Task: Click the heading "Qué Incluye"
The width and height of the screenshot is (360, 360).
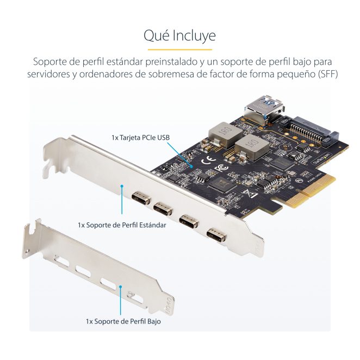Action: (x=179, y=36)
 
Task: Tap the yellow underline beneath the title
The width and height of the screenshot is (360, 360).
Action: (x=180, y=49)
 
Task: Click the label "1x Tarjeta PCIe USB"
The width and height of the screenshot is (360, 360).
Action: (x=140, y=138)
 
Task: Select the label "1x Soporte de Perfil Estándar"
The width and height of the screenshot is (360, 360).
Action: (x=122, y=225)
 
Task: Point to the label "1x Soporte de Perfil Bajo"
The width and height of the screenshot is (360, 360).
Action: (x=123, y=321)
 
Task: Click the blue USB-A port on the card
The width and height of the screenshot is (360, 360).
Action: (x=264, y=109)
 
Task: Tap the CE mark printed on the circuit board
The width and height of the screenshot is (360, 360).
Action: (x=208, y=160)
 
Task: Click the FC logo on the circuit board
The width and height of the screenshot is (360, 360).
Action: (x=221, y=168)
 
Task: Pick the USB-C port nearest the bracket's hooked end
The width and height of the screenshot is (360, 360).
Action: (x=141, y=198)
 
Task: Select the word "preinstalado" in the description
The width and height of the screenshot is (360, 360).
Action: (x=171, y=62)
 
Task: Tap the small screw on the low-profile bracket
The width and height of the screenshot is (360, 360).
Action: (x=130, y=294)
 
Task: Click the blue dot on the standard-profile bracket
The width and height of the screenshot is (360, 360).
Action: (x=122, y=186)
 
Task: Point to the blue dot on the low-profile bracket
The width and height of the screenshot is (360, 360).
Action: (x=120, y=287)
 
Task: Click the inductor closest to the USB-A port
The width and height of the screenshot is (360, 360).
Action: (x=226, y=134)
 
